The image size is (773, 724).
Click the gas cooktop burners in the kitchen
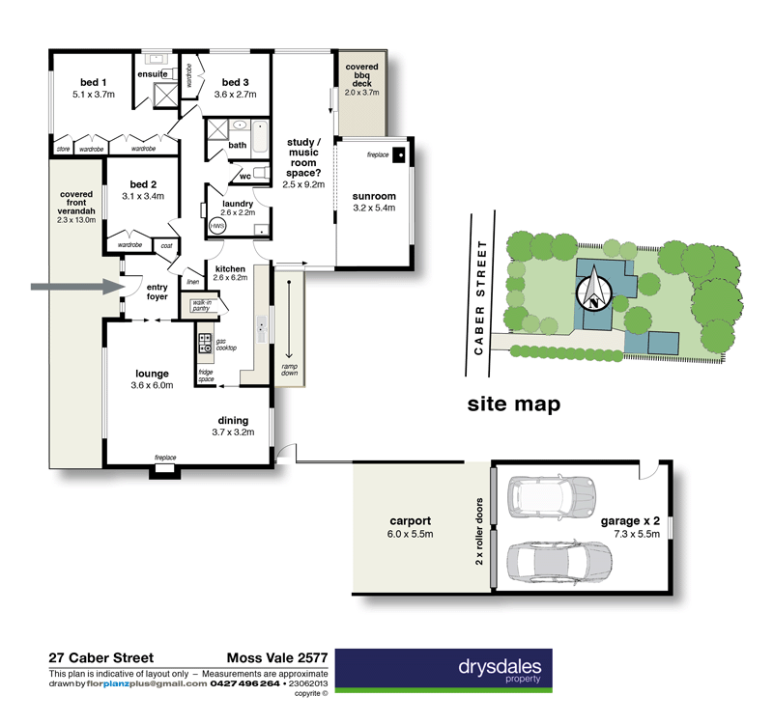[204, 344]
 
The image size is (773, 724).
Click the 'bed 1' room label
[92, 82]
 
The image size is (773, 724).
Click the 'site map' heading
[513, 404]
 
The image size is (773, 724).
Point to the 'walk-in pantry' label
[202, 305]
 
